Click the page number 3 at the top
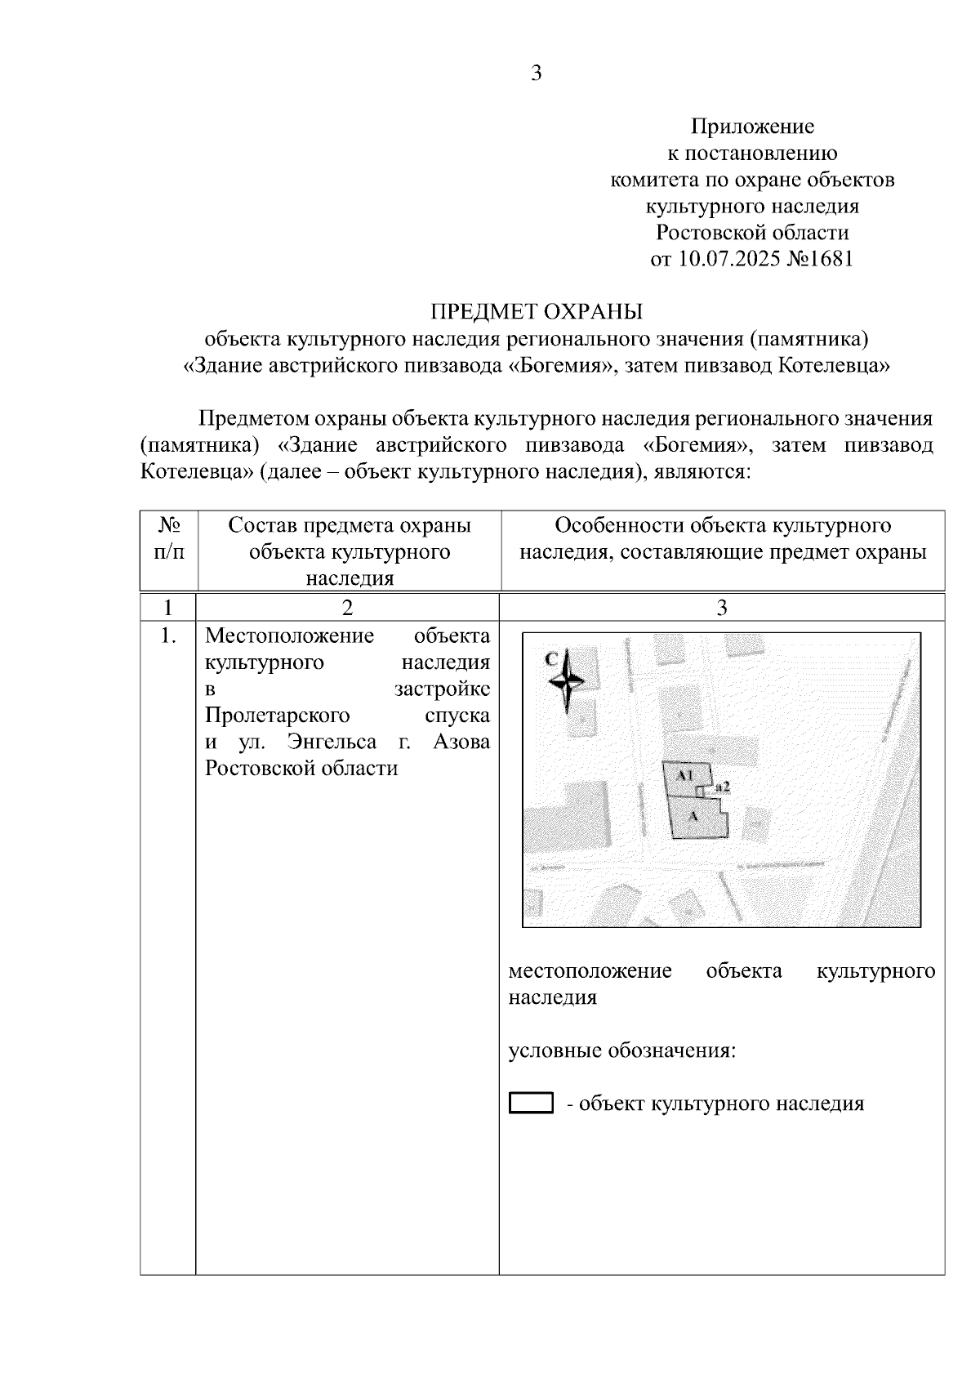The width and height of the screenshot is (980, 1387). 537,74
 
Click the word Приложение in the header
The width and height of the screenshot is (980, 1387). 752,127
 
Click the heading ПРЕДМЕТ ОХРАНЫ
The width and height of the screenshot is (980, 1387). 537,312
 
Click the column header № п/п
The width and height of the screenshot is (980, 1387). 168,538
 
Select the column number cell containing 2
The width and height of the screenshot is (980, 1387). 348,608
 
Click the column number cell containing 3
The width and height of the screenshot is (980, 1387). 721,608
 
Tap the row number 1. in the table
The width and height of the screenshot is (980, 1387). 168,636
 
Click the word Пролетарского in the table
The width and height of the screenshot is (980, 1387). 277,716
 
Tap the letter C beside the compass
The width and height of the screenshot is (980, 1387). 551,658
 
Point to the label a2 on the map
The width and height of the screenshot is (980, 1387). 721,787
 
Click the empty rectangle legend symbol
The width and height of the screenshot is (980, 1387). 531,1104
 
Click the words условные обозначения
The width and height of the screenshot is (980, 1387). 622,1050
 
